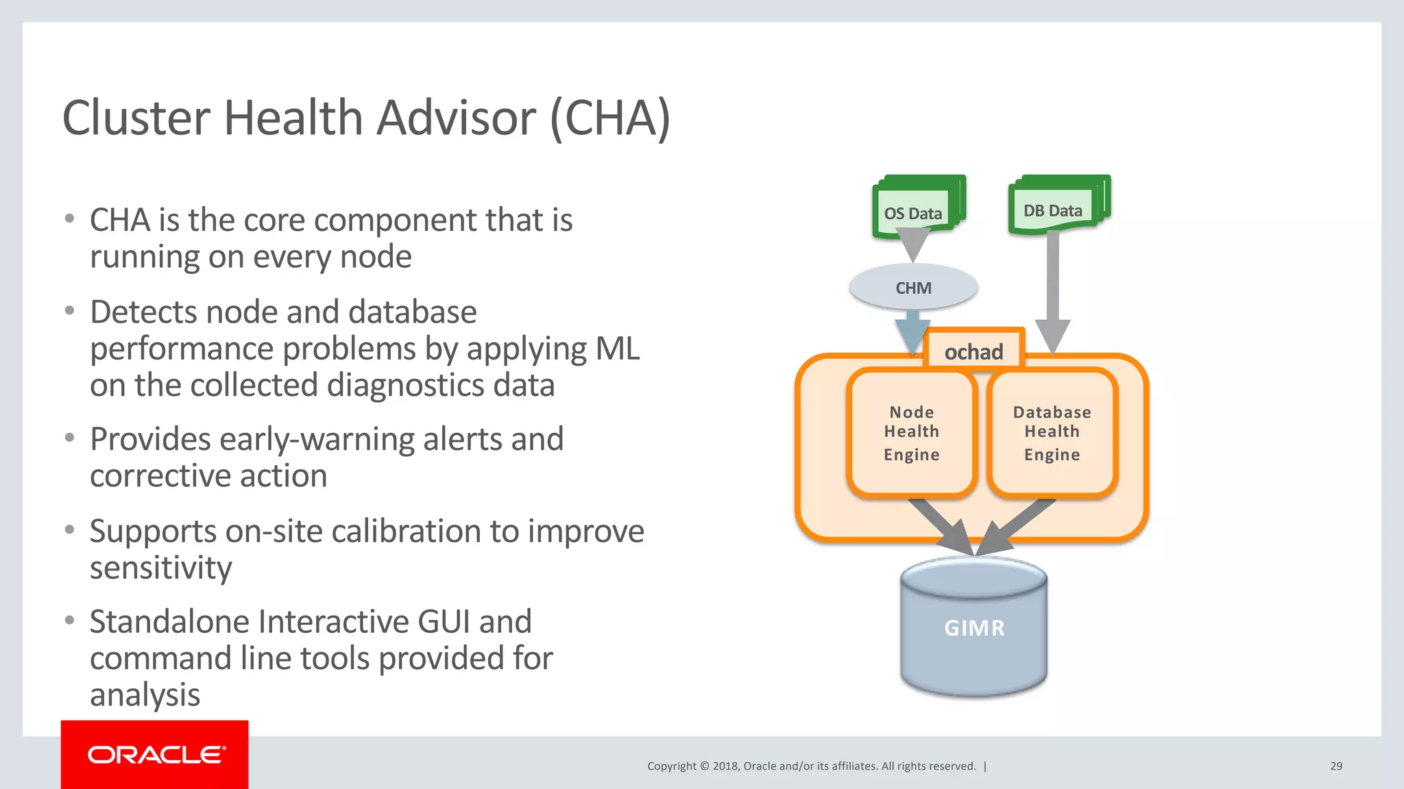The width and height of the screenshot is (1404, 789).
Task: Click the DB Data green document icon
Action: pos(1057,205)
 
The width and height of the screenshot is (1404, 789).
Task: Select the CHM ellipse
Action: pos(913,288)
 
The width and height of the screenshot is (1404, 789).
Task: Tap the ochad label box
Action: pos(973,351)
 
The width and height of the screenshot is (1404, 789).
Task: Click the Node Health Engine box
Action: pos(911,433)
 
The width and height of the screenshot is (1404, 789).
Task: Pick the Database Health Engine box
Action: pos(1052,433)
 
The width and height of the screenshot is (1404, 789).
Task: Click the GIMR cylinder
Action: pos(973,627)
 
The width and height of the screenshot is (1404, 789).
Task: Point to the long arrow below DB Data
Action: pos(1053,288)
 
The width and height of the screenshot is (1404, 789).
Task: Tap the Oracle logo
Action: pos(155,755)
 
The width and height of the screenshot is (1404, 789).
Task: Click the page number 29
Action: pos(1335,766)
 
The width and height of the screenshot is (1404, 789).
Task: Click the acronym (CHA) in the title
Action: pos(609,118)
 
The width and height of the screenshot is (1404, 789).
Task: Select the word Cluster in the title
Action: pos(136,118)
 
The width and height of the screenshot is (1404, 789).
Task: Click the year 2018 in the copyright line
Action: pos(725,766)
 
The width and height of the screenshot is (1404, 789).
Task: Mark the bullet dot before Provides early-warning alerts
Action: pos(69,437)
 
